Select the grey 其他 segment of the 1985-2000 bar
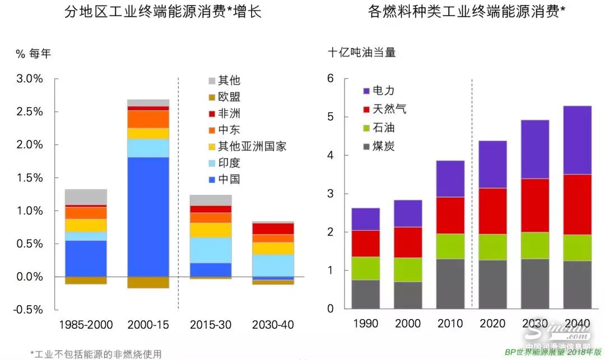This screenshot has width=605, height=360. click(86, 197)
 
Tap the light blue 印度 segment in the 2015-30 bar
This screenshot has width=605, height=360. click(211, 250)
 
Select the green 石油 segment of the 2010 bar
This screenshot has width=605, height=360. click(450, 246)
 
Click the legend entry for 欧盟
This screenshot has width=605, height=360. click(224, 97)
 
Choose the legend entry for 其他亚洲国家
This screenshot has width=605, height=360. click(246, 147)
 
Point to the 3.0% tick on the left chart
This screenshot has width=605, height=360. click(30, 78)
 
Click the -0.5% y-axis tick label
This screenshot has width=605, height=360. click(29, 310)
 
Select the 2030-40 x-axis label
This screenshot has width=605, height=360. click(273, 325)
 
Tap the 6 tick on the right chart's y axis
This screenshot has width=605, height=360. click(331, 78)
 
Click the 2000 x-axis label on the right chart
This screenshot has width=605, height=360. click(408, 324)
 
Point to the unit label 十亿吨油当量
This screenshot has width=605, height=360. click(362, 53)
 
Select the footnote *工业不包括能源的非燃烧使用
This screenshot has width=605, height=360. click(95, 354)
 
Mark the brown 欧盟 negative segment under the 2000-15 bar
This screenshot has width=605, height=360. click(148, 282)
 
